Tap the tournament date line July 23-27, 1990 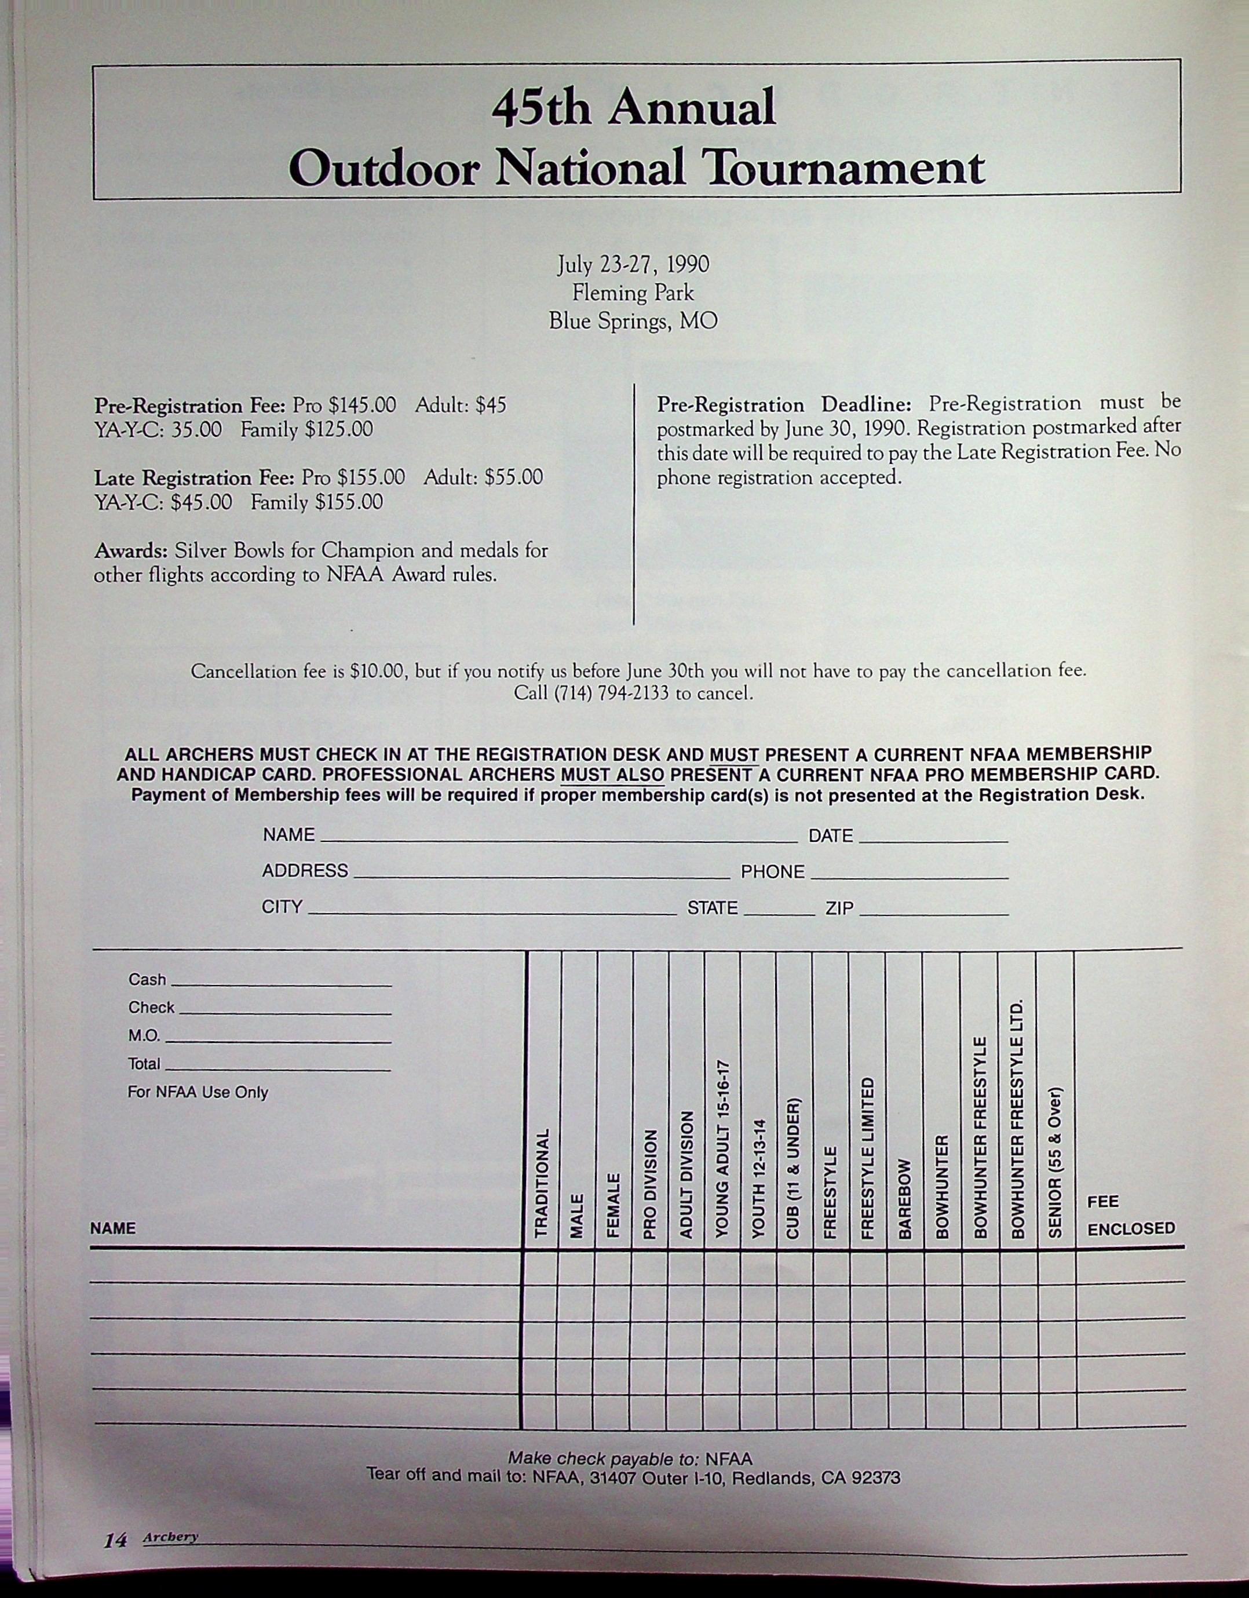(633, 265)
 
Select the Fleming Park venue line (633, 293)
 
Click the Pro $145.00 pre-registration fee (344, 406)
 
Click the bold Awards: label (132, 550)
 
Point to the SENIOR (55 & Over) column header (1055, 1162)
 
